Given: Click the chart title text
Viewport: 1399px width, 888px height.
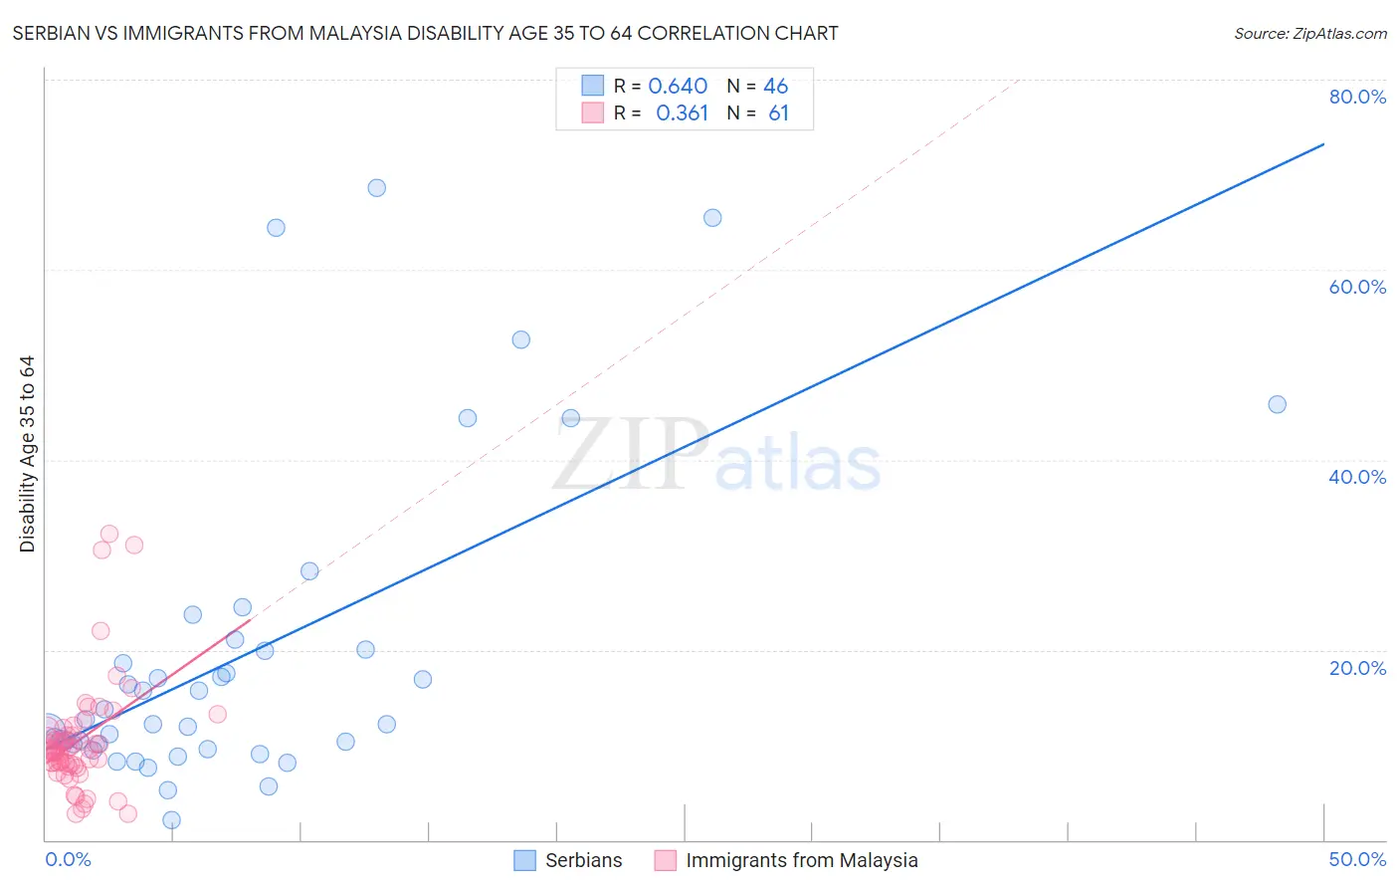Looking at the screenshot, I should (425, 33).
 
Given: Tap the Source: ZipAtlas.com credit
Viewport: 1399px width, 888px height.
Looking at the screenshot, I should (1309, 33).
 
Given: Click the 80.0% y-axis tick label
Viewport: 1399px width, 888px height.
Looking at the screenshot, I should (1357, 97).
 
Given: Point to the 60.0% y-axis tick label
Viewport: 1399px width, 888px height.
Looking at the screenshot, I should (1357, 287).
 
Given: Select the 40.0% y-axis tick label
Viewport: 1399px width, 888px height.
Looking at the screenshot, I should (1357, 477).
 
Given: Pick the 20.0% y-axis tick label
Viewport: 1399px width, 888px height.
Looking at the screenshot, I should (1357, 668).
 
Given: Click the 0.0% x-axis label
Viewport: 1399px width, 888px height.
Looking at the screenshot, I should (68, 859).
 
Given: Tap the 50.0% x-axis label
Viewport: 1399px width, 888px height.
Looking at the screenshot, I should (1357, 859).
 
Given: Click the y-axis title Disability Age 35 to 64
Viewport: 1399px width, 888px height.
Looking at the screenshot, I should (27, 454).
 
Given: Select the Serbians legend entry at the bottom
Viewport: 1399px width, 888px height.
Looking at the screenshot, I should (568, 860).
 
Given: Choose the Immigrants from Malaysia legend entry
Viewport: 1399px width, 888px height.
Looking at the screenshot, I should (786, 860).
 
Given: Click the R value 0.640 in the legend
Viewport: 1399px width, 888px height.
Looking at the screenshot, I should (678, 87).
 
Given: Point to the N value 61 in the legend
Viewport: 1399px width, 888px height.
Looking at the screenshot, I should (778, 113).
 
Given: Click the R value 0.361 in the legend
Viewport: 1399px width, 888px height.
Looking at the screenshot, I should (682, 113).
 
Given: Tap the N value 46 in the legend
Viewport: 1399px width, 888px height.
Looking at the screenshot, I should (775, 87).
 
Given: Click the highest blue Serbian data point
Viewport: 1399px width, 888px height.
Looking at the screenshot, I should (376, 188).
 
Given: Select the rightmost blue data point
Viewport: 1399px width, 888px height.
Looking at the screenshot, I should (1277, 404).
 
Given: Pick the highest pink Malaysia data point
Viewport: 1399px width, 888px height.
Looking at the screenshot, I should (109, 534).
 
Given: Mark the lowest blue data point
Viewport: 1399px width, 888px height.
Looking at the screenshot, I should (171, 820).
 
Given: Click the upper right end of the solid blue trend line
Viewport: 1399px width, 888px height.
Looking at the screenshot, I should (1323, 144).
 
